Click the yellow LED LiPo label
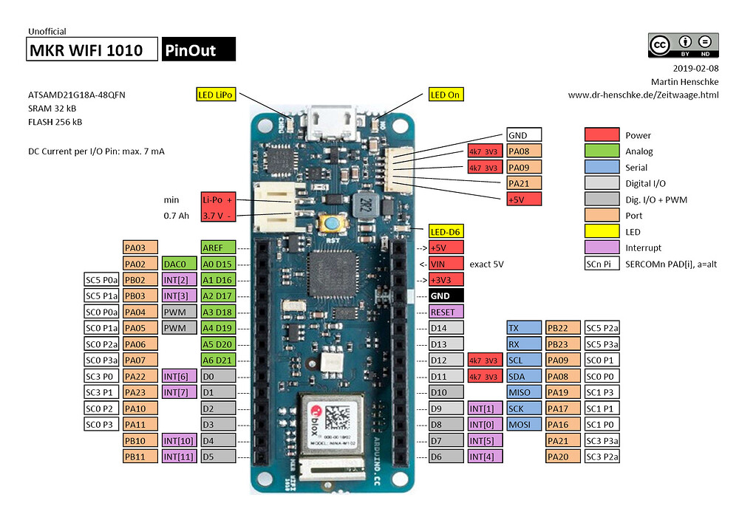point(216,95)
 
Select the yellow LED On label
point(446,95)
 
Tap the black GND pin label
point(446,295)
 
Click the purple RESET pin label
point(446,312)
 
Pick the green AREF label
point(218,247)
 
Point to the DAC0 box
point(178,264)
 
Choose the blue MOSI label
point(523,424)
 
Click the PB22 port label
point(562,328)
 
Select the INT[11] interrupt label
point(178,457)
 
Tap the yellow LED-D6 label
point(446,231)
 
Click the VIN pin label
point(446,264)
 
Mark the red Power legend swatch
point(601,135)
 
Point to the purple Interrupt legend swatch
point(601,247)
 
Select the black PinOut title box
point(198,49)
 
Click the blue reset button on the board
point(329,224)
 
